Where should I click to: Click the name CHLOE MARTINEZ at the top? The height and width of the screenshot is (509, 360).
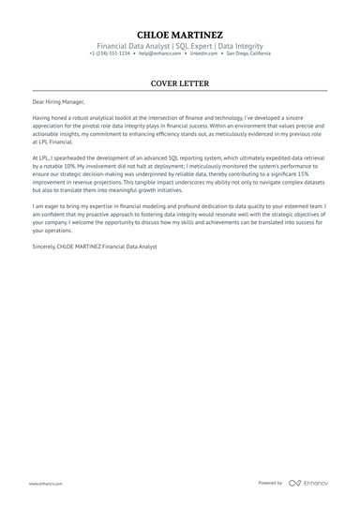click(x=180, y=35)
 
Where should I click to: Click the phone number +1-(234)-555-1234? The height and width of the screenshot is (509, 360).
click(x=111, y=53)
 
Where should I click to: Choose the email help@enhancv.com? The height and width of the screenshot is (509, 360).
click(x=161, y=53)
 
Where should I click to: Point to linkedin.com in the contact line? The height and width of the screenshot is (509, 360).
click(x=206, y=53)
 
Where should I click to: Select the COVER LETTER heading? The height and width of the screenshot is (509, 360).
click(x=180, y=82)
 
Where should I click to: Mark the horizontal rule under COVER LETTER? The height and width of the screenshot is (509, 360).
click(x=180, y=90)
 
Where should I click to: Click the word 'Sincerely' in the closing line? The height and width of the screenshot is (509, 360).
click(x=43, y=246)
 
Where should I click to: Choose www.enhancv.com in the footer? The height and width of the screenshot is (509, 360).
click(x=45, y=483)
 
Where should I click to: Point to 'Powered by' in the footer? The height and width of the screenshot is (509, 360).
click(x=270, y=483)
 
